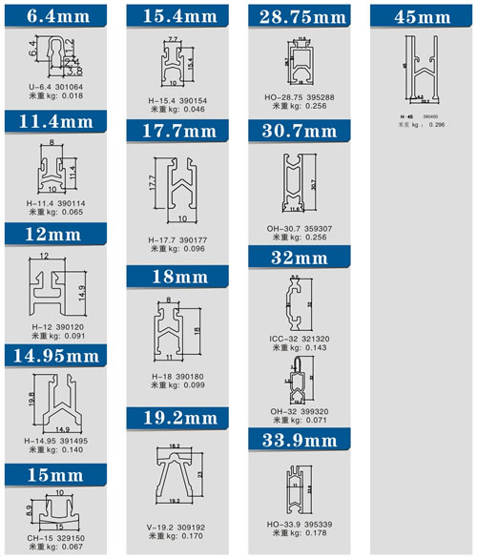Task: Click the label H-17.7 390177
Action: (172, 239)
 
